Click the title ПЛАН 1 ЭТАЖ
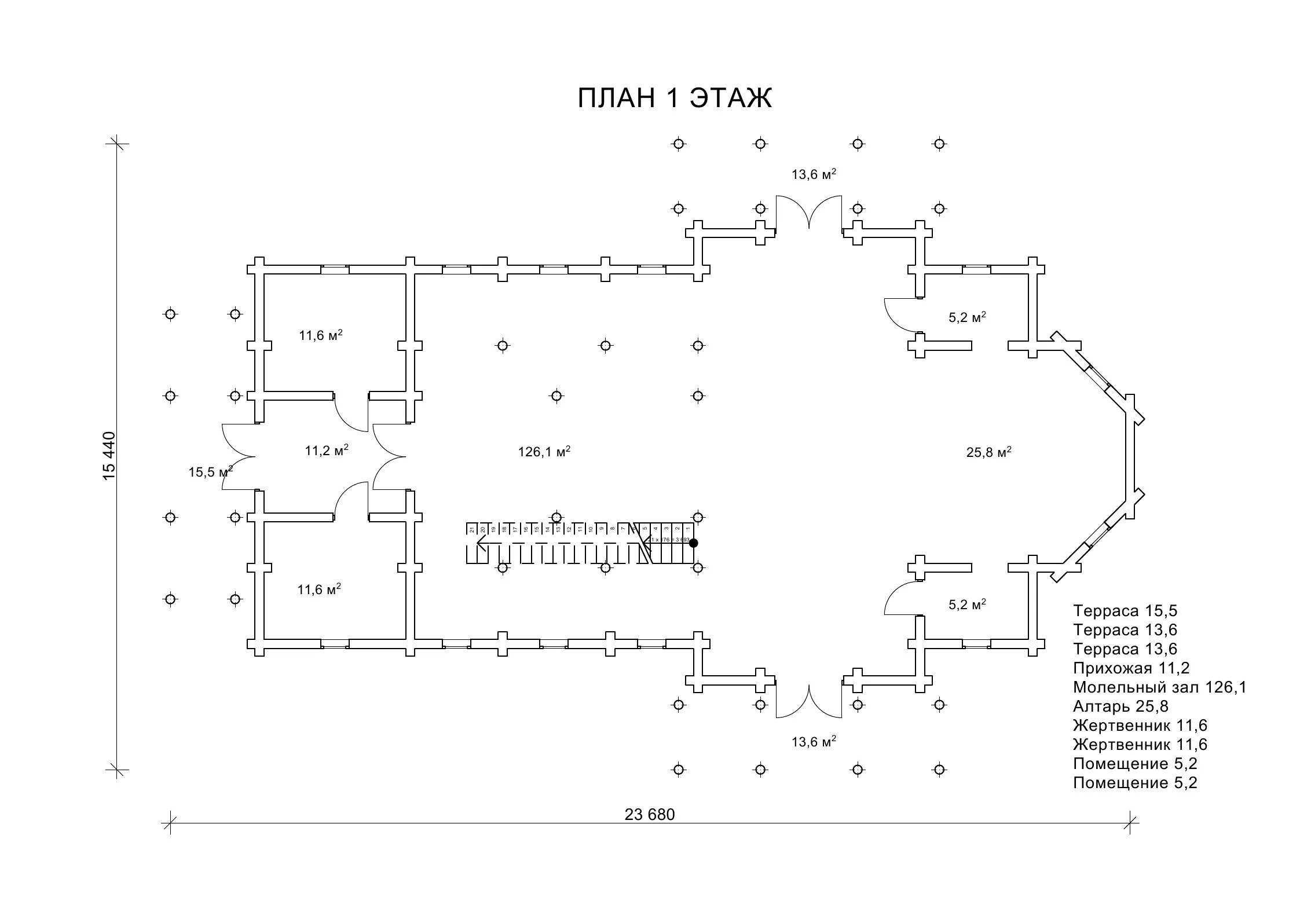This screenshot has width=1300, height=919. [x=674, y=98]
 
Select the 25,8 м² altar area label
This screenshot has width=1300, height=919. [x=988, y=452]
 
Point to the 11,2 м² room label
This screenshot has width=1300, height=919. [x=327, y=451]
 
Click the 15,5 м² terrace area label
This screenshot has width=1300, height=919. [x=210, y=472]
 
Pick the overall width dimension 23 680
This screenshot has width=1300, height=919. [x=650, y=815]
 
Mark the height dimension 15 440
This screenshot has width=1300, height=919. [x=109, y=456]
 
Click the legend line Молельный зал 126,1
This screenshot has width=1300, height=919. [x=1159, y=687]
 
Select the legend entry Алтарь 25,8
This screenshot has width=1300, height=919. [x=1120, y=706]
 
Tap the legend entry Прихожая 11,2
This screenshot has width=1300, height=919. [x=1131, y=668]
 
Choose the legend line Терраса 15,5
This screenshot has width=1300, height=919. [x=1125, y=611]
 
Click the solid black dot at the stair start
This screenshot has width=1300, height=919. [x=693, y=543]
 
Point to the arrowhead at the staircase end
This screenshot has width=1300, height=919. [x=480, y=544]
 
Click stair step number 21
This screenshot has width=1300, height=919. [x=472, y=529]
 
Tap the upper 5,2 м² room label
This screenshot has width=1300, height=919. [x=967, y=318]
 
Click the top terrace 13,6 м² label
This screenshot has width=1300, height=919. [x=814, y=174]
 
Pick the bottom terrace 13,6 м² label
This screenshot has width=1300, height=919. [x=814, y=742]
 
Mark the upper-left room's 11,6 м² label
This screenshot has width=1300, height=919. [x=320, y=335]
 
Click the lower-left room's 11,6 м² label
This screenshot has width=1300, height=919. [x=319, y=590]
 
